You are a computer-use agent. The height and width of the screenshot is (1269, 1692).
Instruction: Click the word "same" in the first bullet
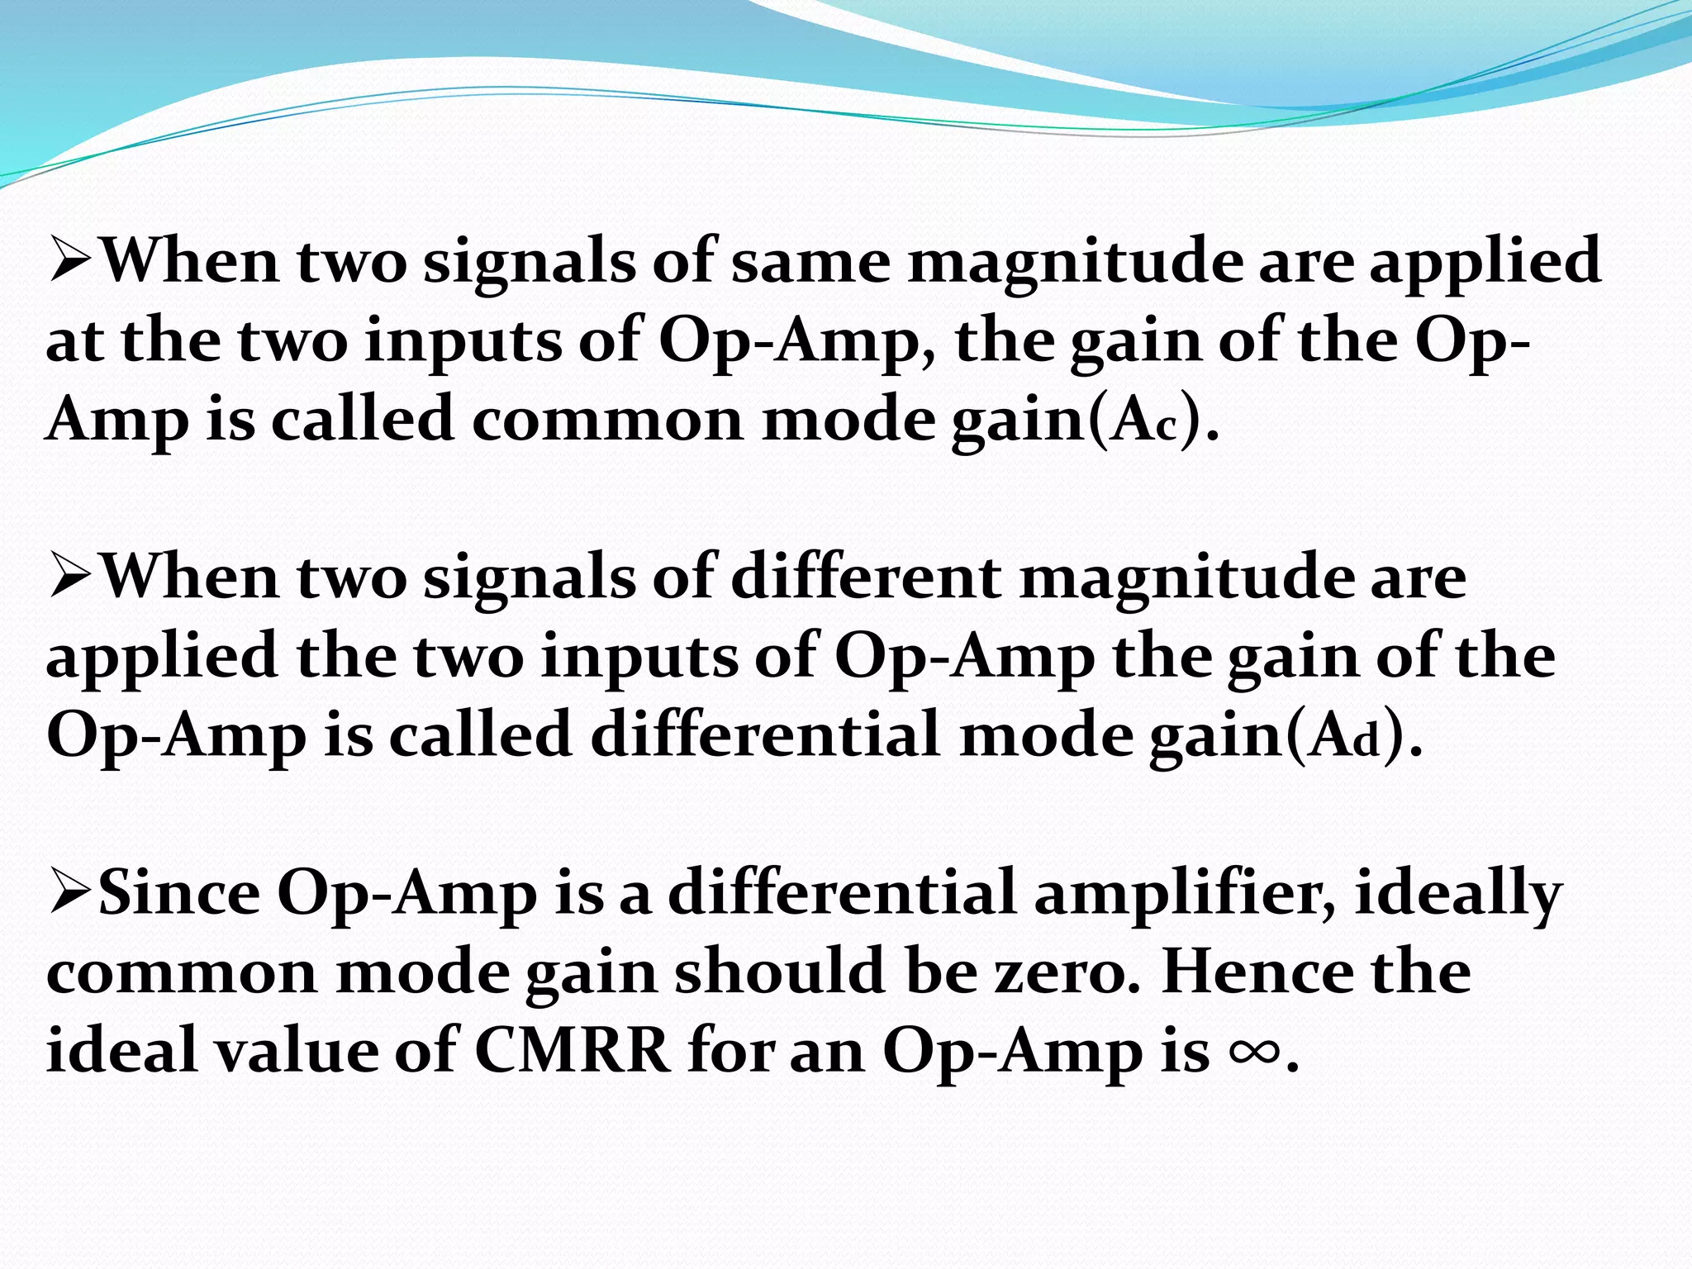[810, 263]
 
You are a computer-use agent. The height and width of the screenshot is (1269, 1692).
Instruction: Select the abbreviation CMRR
[573, 1052]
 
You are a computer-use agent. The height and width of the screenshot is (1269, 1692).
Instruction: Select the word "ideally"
[1457, 895]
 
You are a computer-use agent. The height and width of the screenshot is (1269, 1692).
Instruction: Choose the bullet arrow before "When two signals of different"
[73, 579]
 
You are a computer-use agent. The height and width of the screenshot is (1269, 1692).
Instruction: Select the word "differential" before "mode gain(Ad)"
[765, 735]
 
